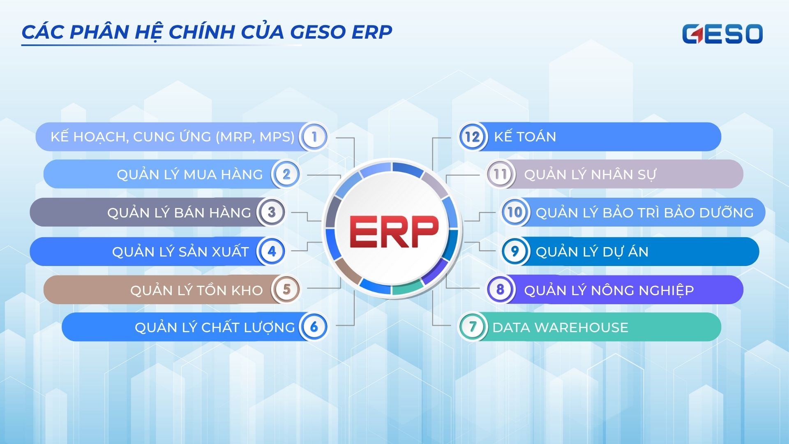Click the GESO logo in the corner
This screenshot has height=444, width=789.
click(x=722, y=34)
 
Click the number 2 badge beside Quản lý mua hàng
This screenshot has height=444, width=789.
click(x=286, y=174)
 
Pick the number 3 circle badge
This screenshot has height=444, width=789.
click(x=271, y=212)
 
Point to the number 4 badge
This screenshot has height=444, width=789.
click(x=271, y=251)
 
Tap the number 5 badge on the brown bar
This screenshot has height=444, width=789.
click(x=286, y=289)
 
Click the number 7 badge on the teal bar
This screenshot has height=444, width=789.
click(x=473, y=327)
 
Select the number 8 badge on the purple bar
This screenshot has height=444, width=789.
click(x=500, y=289)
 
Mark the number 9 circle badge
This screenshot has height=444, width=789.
click(x=514, y=251)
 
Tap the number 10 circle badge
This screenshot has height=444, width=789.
click(x=514, y=212)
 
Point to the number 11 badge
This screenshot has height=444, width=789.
click(x=500, y=174)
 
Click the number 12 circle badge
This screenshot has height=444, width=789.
click(x=473, y=136)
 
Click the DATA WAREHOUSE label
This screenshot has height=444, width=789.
click(x=560, y=327)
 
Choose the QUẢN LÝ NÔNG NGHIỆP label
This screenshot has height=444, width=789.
click(x=609, y=290)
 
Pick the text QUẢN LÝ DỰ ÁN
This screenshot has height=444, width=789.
click(x=592, y=251)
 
